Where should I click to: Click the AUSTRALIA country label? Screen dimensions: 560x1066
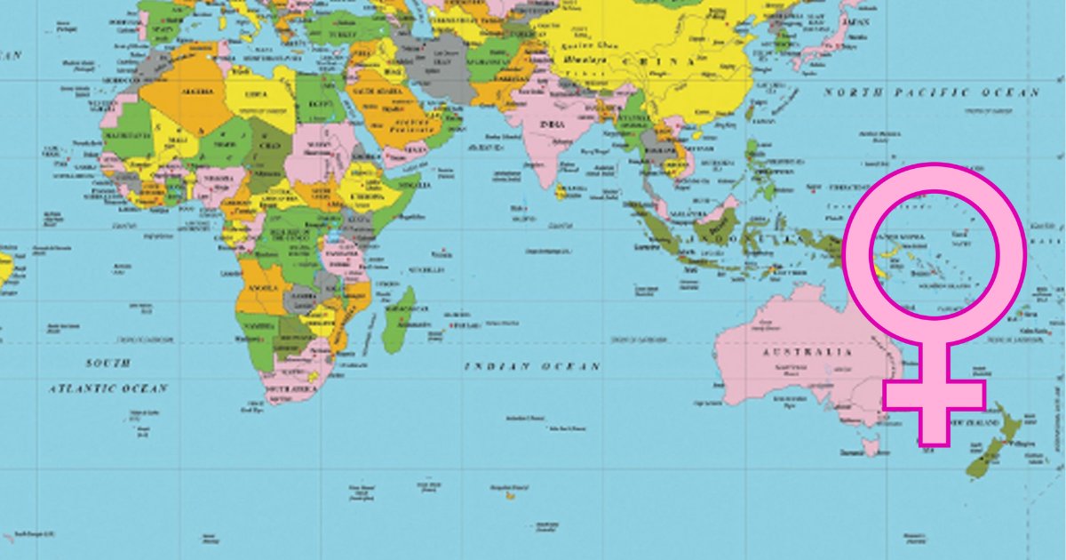[x=807, y=352]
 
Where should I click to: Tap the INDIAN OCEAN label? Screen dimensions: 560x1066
[x=532, y=366]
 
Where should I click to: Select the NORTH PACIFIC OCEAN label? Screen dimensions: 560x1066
[x=930, y=92]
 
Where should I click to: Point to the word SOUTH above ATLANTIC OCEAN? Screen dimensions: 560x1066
[x=107, y=364]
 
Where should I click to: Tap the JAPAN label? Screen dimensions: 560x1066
[x=855, y=24]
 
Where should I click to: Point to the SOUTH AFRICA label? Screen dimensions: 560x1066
[x=287, y=389]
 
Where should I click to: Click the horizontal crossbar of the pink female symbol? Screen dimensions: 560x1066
[x=934, y=396]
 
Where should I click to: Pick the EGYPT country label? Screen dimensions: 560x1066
[x=315, y=105]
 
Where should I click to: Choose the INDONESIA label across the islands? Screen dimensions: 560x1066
[x=711, y=237]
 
